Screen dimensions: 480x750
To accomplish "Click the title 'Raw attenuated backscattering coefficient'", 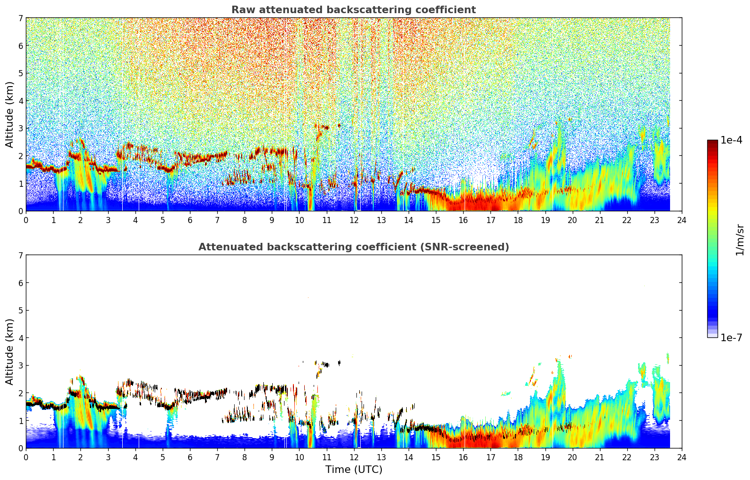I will coord(353,10).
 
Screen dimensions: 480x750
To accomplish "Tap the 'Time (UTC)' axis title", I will coord(354,470).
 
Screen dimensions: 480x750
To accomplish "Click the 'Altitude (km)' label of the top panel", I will coord(10,114).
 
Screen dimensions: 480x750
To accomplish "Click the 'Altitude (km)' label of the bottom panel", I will coord(10,352).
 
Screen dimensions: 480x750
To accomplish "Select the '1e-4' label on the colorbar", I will coord(731,140).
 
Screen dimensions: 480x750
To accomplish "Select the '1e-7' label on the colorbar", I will coord(731,337).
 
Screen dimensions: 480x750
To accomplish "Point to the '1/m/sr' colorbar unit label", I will coord(740,240).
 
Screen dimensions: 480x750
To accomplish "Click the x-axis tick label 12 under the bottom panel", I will coord(354,457).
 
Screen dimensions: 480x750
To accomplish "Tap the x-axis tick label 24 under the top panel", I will coord(682,220).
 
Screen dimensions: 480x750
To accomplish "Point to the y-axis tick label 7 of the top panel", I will coord(21,18).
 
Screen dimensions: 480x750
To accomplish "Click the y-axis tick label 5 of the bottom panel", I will coord(21,310).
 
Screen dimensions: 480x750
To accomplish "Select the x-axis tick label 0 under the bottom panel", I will coord(26,457).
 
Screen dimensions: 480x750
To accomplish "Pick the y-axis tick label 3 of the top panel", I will coord(21,128).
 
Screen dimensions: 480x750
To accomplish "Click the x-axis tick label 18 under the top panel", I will coord(518,220).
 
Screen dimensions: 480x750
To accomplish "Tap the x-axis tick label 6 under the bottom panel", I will coord(190,457).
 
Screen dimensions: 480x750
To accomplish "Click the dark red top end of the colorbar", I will coord(712,142).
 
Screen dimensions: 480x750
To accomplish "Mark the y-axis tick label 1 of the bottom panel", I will coord(21,421).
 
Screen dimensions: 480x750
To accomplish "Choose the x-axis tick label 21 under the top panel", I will coord(600,220).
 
